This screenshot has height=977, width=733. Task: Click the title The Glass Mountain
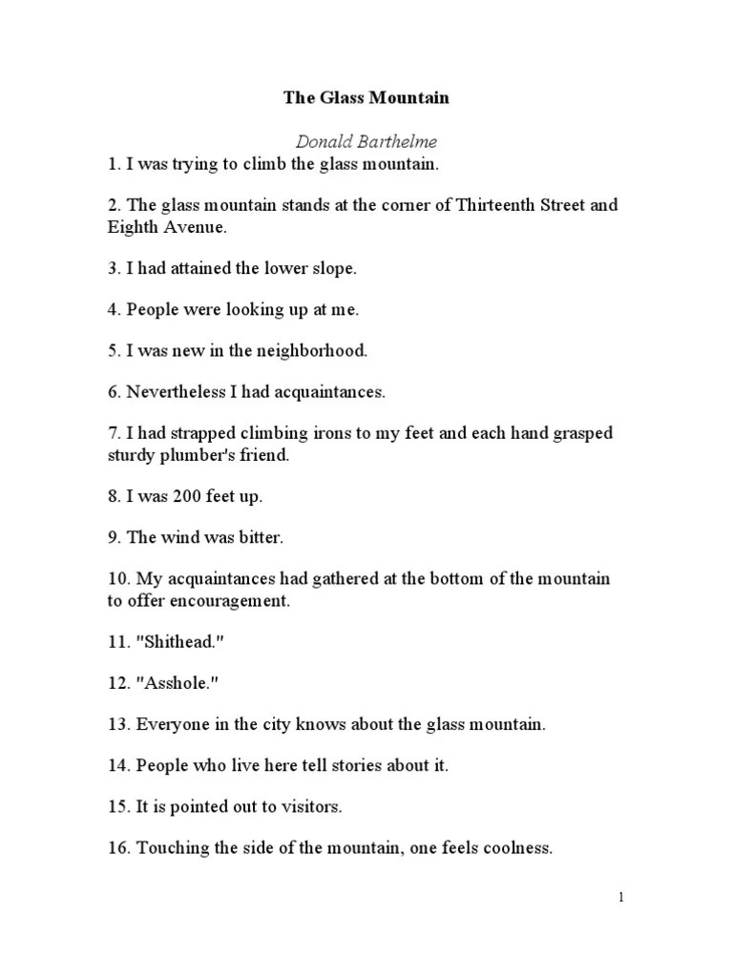click(366, 97)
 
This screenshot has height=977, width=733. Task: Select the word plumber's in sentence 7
click(198, 455)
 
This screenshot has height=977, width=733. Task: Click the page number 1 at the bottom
click(620, 897)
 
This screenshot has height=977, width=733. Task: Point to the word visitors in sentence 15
click(310, 806)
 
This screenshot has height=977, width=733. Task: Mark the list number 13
click(117, 724)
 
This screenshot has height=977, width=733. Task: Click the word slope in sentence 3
click(333, 268)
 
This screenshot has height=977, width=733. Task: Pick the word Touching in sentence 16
click(172, 847)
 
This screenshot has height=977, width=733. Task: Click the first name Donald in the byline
click(320, 141)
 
